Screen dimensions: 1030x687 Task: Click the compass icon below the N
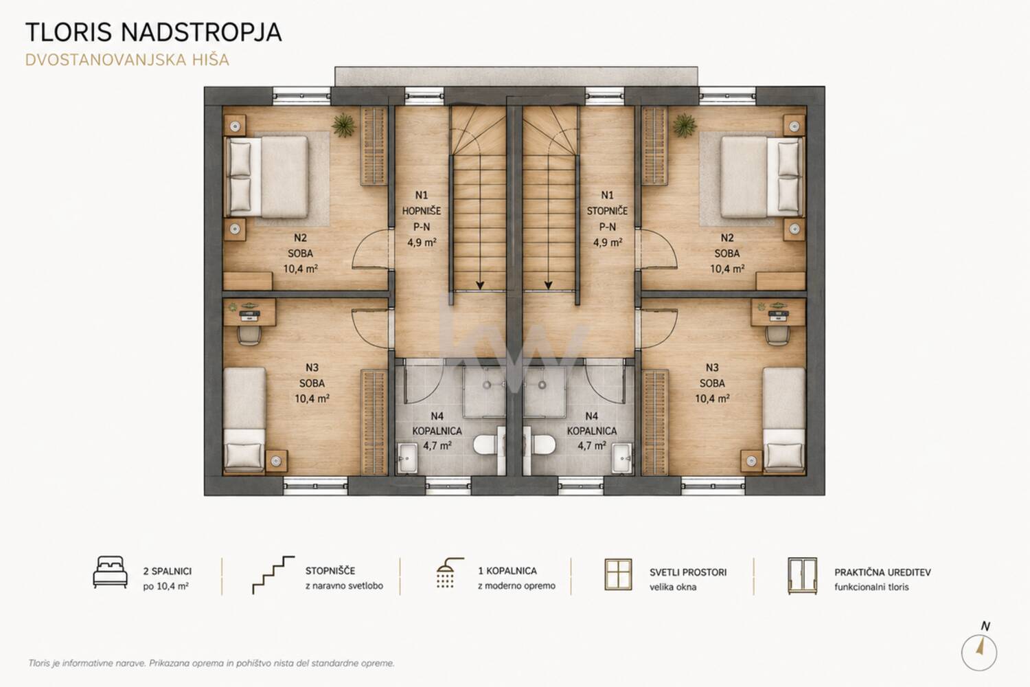pos(979,653)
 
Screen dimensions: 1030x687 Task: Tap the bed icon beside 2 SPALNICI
pos(110,572)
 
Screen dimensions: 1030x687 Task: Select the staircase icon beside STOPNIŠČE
pos(273,575)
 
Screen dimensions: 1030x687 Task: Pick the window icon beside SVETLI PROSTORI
pos(618,574)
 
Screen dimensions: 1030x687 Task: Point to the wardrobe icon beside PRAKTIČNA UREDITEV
pos(803,576)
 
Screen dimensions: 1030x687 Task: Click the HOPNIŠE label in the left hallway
pos(421,211)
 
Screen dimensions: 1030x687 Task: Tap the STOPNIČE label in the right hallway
pos(607,211)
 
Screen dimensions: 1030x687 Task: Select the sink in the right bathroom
pos(622,458)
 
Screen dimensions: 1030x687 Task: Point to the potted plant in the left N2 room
pos(344,125)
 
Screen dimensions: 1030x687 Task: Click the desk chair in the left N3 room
pos(249,335)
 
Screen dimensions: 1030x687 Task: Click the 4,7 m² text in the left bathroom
pos(437,446)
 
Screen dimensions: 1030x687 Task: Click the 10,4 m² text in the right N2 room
pos(727,269)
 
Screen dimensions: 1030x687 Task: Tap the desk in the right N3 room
pos(778,312)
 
